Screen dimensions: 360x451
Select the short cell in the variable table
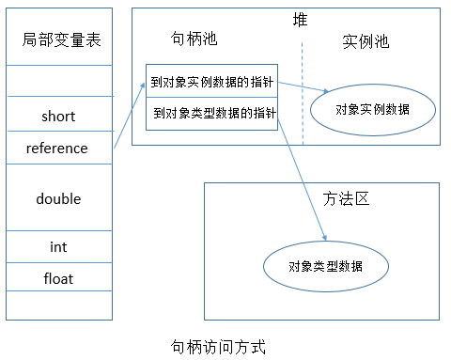pos(58,117)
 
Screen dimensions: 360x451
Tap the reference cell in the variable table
pos(57,148)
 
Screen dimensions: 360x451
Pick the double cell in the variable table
pos(58,198)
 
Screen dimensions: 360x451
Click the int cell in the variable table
pos(58,247)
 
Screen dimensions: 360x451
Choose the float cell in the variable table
pos(58,278)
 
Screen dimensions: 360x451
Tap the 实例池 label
pos(365,42)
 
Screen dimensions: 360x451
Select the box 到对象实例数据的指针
pos(212,81)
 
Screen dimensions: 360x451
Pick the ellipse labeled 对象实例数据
pos(372,109)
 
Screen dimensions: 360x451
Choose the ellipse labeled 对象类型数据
pos(326,266)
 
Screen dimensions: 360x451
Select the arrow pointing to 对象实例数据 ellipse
pos(299,88)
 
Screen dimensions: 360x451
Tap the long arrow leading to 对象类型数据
pos(299,179)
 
